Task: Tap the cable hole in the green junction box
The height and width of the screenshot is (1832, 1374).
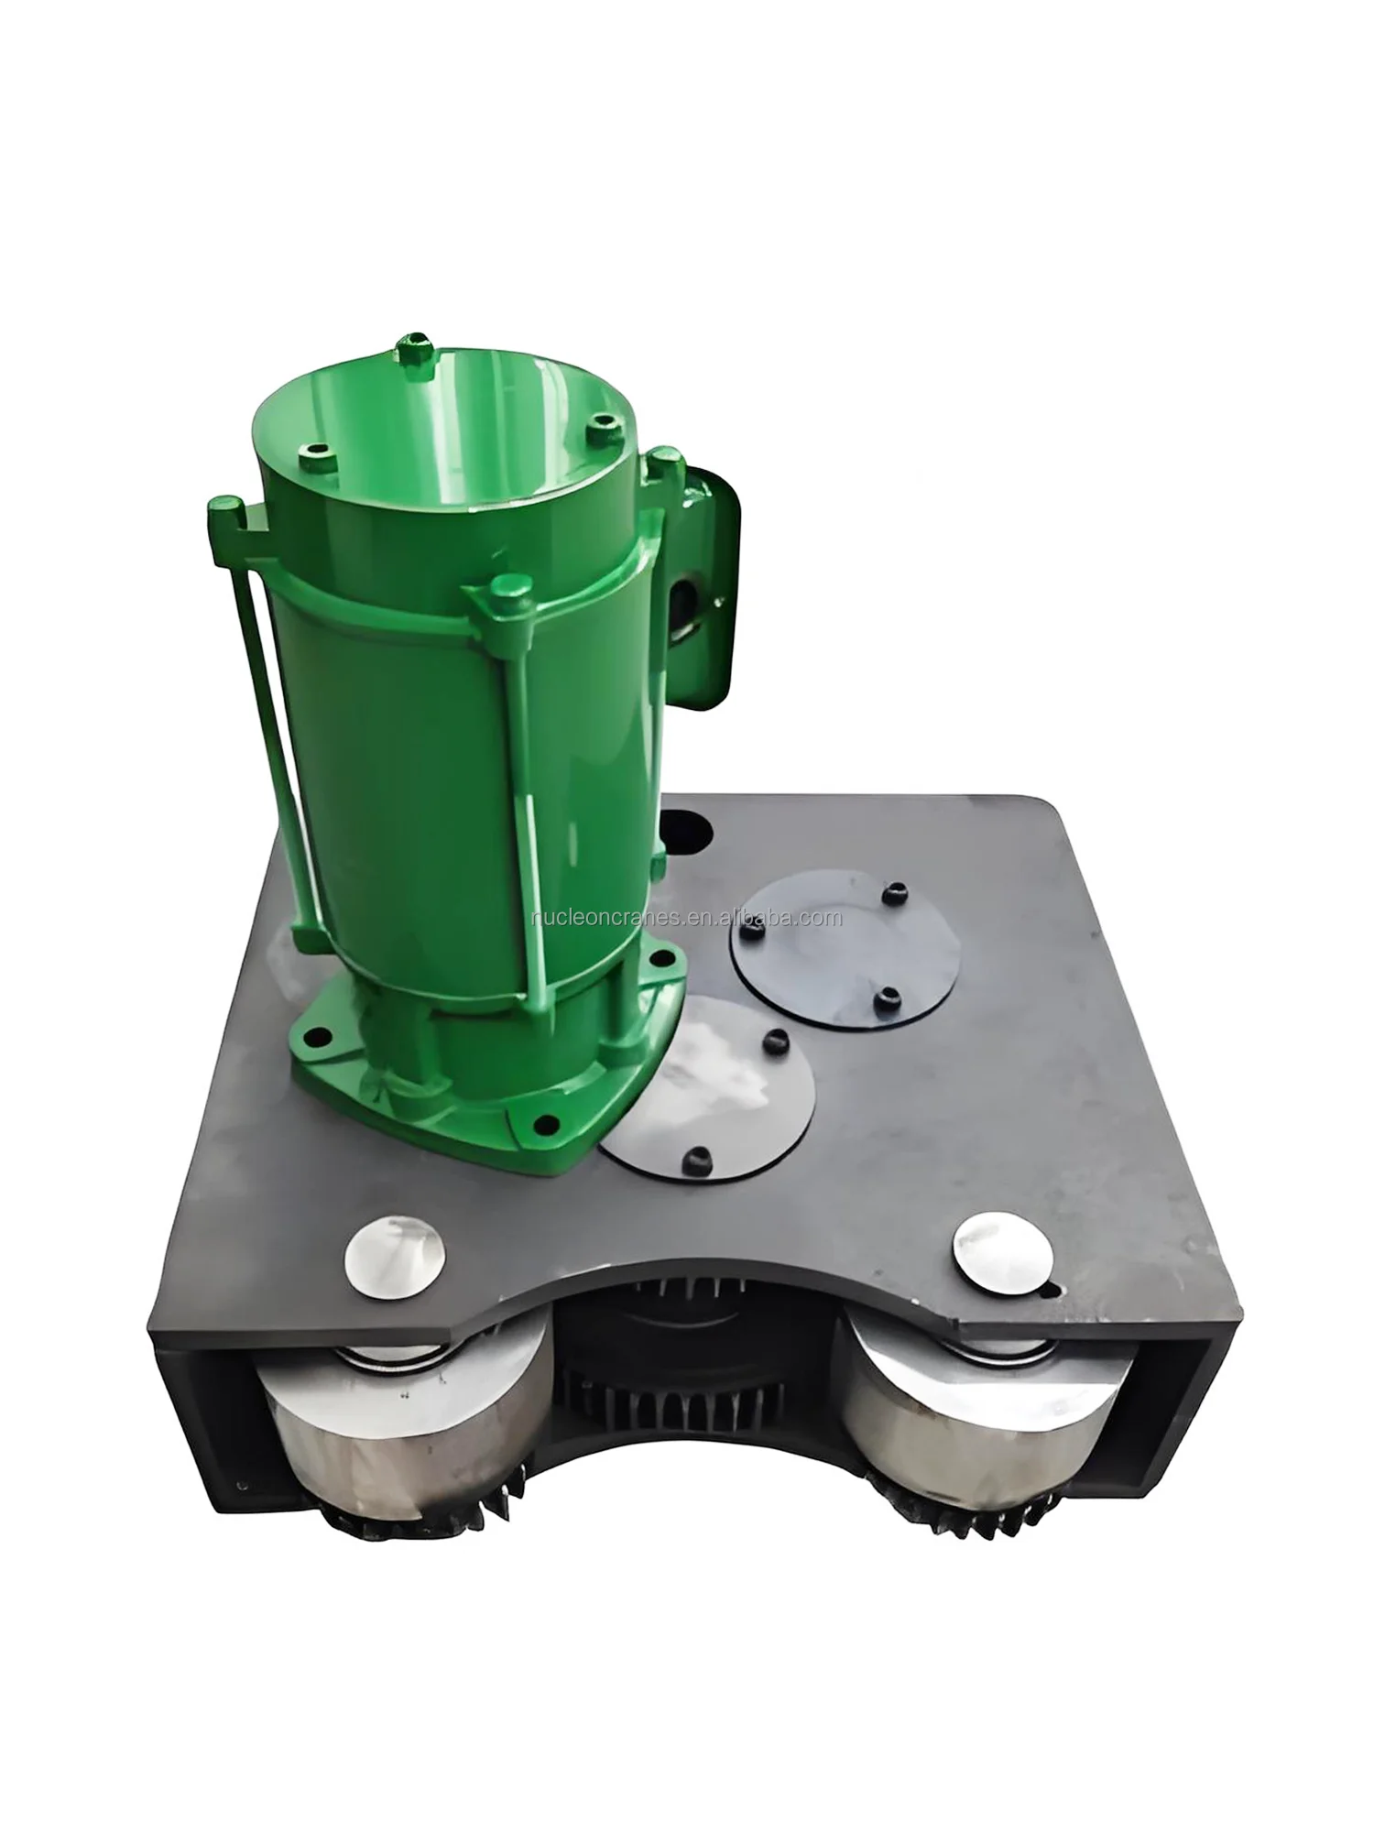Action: point(685,596)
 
